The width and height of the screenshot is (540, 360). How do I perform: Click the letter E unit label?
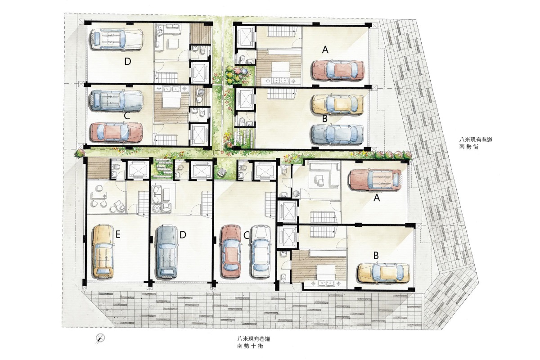point(117,234)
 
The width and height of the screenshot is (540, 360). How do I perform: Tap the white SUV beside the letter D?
point(117,39)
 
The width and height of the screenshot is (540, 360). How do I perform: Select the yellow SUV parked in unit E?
point(103,252)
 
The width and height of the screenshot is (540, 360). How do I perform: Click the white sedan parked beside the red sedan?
point(261,252)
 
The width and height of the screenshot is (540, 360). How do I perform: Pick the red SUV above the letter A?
point(375,180)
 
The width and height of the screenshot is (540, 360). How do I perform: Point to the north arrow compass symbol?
point(100,338)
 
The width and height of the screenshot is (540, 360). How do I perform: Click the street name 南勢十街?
point(250,346)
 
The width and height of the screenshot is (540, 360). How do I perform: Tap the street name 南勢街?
point(469,146)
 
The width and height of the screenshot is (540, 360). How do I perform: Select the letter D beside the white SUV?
point(128,62)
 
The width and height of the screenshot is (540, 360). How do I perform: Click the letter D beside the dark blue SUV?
point(183,234)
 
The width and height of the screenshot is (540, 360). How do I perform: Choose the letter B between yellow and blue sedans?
point(325,119)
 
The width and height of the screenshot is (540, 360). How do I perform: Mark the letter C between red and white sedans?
point(246,235)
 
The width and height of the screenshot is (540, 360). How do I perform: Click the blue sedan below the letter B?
point(337,135)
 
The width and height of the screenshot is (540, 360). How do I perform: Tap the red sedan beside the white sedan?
point(230,251)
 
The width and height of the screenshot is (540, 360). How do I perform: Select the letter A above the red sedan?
point(325,49)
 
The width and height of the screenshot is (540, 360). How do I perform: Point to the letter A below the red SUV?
point(376,198)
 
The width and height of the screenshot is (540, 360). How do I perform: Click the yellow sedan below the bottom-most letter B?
point(383,273)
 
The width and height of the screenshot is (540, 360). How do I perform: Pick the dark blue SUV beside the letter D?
point(166,252)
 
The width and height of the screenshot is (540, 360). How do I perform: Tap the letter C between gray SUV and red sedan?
point(127,116)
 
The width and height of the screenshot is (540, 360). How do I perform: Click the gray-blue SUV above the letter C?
point(116,100)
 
